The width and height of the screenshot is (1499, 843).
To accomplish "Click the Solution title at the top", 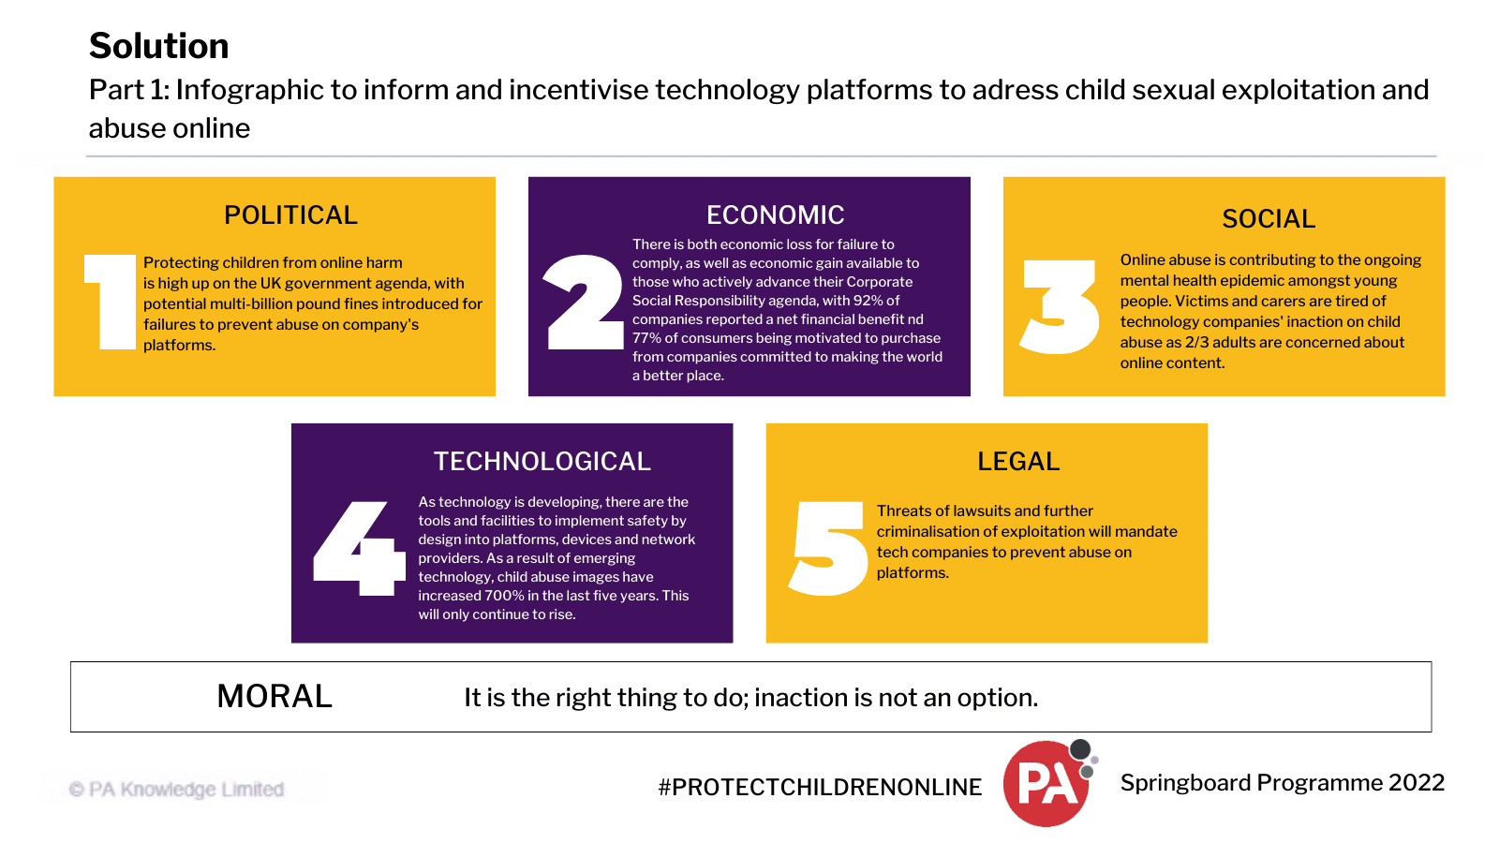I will point(158,46).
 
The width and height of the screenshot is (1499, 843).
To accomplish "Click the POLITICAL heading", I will point(290,215).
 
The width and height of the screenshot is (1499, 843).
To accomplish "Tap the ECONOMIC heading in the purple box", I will point(775,215).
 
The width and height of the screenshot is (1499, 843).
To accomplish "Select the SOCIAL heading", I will point(1269,219).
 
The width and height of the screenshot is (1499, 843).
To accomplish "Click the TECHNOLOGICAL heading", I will point(542,462).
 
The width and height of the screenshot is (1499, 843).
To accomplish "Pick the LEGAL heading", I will point(1018,462).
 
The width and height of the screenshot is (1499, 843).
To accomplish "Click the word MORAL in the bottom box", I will point(275,697).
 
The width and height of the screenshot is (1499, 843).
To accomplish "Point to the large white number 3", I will point(1060,307).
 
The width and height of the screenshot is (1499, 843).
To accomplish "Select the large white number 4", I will point(354,548).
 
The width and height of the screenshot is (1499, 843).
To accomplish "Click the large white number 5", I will point(828,548).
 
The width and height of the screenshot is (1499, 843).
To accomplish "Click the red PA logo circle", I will point(1045,784).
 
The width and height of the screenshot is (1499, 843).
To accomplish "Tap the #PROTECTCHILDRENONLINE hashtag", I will point(820,788).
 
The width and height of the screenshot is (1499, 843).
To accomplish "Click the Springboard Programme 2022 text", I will point(1282,783).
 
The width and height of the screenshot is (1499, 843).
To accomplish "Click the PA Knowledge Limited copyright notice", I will point(177,790).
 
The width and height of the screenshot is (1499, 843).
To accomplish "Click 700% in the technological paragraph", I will point(504,596).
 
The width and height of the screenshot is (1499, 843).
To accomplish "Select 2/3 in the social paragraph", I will point(1196,343).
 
